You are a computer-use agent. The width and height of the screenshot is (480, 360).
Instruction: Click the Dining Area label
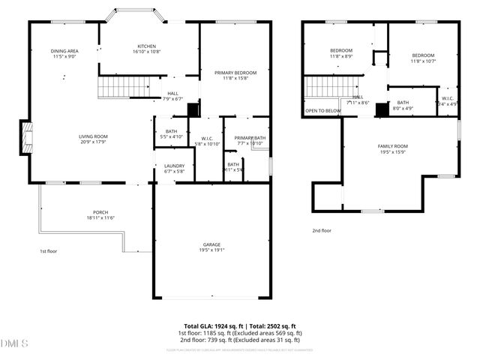coord(65,53)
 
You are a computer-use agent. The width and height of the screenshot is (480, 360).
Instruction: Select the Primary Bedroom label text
coord(235,76)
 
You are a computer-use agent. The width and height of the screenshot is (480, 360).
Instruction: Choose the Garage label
coord(211,247)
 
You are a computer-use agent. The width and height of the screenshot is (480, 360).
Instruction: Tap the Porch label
coord(100,215)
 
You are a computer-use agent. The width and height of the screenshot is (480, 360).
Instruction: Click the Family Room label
coord(392,149)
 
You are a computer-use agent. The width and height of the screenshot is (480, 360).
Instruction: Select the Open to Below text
coord(322,111)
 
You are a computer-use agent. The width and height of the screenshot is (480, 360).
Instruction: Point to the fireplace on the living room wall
coord(26,138)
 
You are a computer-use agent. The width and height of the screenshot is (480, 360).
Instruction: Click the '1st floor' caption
coord(48,251)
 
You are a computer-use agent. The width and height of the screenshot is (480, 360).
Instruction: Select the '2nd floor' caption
coord(322,230)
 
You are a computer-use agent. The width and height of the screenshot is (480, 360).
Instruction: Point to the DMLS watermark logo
coord(15,343)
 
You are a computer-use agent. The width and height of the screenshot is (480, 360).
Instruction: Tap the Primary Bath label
coord(250,140)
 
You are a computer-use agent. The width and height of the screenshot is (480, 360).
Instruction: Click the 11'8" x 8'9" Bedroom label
coord(342,53)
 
